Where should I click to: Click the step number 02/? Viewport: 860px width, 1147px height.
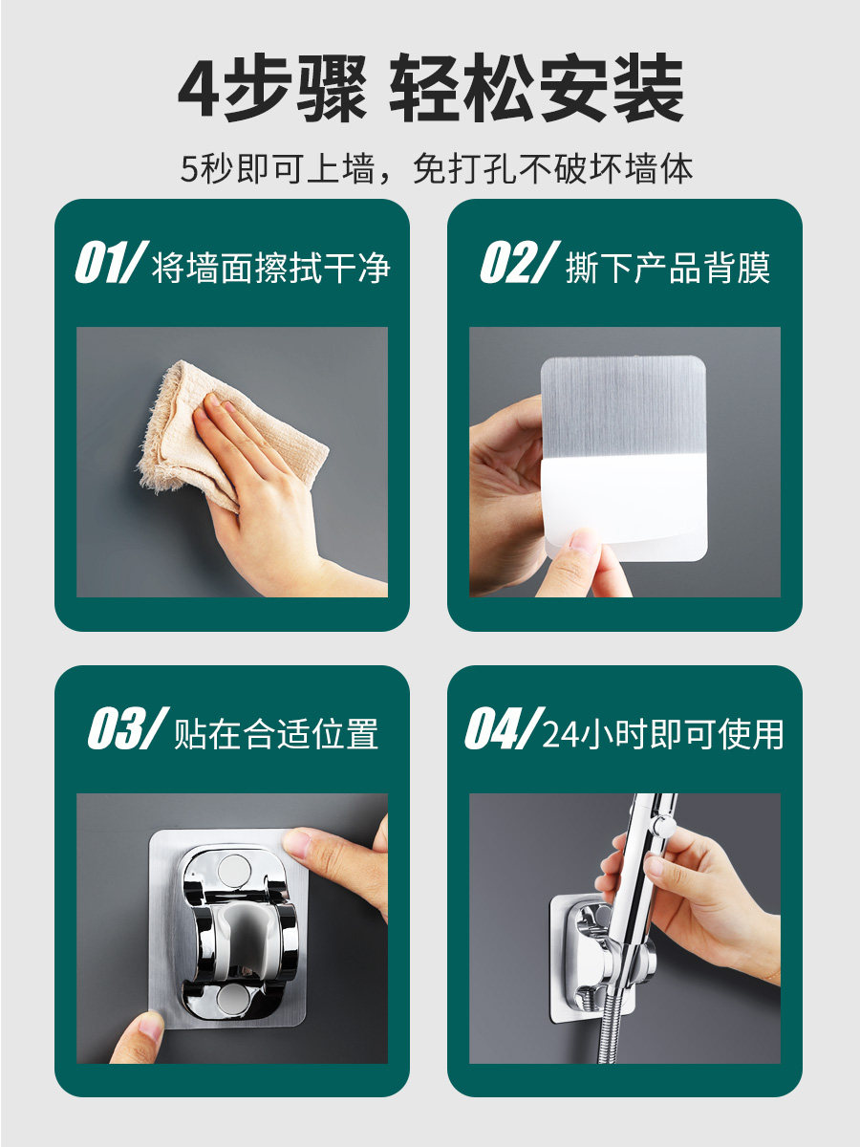click(x=520, y=262)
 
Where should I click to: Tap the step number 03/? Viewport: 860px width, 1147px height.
click(x=128, y=728)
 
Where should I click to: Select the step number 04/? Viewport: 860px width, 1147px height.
click(x=505, y=728)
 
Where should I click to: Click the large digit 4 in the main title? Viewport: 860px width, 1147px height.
click(x=199, y=87)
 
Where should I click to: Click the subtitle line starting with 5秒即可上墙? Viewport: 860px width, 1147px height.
click(x=436, y=169)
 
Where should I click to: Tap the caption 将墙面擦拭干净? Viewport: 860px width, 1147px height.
click(x=271, y=268)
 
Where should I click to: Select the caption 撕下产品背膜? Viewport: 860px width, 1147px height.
click(x=668, y=268)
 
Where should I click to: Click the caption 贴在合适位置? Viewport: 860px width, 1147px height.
click(x=276, y=733)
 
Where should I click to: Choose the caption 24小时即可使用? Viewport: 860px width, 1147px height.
click(x=663, y=733)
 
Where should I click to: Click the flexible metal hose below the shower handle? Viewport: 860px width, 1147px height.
click(x=612, y=1025)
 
